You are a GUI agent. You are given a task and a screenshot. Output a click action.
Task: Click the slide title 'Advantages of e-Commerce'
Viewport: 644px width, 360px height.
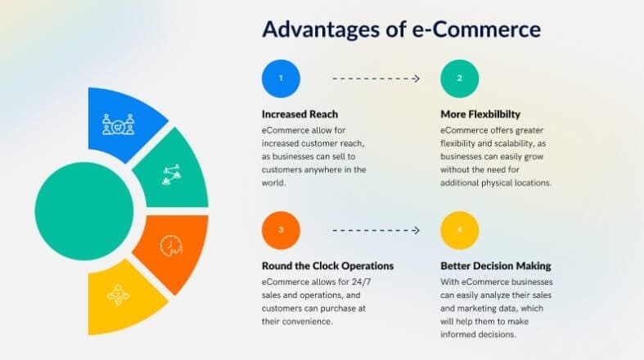pos(401,29)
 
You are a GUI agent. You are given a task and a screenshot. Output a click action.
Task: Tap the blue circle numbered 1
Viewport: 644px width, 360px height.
pos(281,79)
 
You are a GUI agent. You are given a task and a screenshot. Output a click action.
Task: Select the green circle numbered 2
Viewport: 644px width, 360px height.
pos(460,79)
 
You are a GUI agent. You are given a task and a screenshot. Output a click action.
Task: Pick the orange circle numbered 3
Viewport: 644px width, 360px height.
pos(281,230)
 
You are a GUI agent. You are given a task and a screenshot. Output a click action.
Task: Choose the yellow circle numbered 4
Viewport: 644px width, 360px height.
pos(460,230)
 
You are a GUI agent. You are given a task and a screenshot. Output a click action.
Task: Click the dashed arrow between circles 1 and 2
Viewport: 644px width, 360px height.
pos(376,79)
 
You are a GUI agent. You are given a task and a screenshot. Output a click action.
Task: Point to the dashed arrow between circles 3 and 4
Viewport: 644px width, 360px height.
pos(376,230)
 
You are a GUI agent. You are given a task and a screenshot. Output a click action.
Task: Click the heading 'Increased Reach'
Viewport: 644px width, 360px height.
pos(299,114)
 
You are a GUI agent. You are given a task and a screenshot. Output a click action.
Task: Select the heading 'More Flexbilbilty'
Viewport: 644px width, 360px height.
pos(480,114)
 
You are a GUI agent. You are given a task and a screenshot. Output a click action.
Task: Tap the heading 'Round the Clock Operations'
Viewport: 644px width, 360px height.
pos(327,266)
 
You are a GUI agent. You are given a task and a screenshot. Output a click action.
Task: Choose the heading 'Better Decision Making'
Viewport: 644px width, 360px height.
pos(495,266)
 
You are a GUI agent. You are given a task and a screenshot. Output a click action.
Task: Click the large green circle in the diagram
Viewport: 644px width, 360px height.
pos(84,211)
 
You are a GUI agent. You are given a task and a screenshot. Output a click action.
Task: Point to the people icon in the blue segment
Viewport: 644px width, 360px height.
pos(119,124)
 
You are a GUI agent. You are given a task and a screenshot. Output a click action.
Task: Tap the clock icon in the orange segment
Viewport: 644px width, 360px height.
pos(171,246)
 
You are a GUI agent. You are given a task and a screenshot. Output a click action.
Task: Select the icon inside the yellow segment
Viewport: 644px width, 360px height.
pos(119,295)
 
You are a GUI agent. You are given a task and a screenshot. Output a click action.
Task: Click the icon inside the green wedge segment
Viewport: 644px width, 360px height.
pos(172,175)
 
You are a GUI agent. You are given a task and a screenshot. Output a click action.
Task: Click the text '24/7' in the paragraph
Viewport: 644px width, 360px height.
pos(361,282)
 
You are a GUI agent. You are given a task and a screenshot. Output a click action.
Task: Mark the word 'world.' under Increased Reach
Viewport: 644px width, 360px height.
pos(273,182)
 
